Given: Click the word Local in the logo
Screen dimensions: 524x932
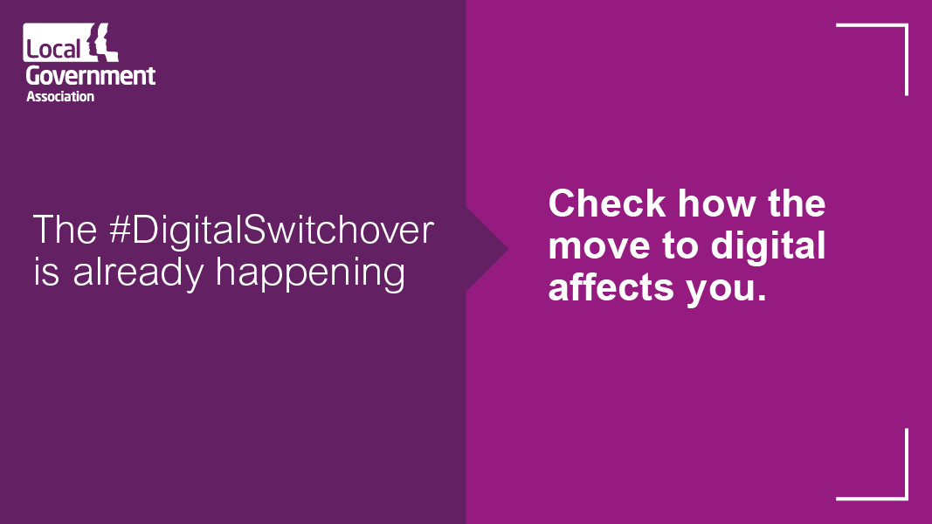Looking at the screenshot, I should tap(52, 49).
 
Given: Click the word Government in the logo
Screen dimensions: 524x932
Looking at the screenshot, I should tap(91, 75).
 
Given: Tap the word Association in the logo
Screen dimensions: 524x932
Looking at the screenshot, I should tap(60, 96).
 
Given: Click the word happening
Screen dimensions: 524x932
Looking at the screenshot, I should tap(311, 274).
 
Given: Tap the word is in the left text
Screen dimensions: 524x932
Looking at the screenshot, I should tap(47, 272).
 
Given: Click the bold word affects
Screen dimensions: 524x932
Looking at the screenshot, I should tap(600, 287).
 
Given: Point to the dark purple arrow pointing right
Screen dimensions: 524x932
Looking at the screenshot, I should tap(489, 251).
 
